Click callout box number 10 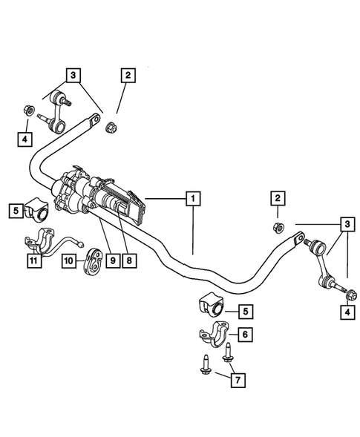(69, 260)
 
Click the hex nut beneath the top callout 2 (111, 125)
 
